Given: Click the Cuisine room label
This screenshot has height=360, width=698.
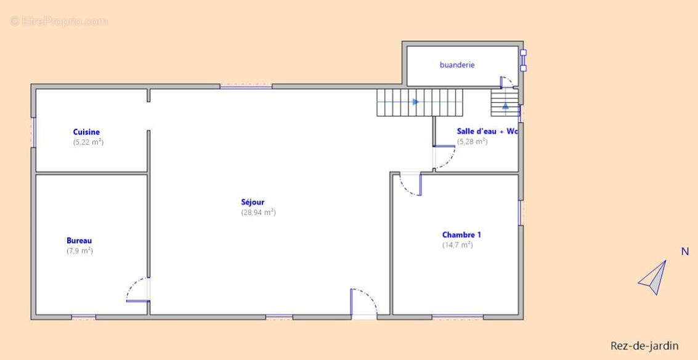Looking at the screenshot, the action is [86, 132].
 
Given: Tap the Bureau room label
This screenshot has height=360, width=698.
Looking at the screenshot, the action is [79, 240].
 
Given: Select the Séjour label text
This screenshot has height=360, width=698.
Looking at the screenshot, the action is [253, 202].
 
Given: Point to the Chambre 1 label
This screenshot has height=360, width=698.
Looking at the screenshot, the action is [461, 235].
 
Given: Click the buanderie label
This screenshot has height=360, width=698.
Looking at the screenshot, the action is [457, 65].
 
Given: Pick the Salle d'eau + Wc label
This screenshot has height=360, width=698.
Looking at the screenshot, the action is [487, 131].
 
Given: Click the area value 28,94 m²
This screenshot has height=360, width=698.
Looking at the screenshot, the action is [259, 213].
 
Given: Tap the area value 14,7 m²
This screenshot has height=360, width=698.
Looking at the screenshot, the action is [458, 245].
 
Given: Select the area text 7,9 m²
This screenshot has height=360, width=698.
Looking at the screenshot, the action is [79, 251].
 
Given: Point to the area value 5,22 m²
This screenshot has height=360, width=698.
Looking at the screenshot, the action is [89, 142].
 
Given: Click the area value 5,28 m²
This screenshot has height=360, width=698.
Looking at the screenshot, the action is [473, 142].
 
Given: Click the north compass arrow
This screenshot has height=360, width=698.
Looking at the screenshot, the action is [653, 277].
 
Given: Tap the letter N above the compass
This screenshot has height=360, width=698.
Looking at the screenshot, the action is [685, 252].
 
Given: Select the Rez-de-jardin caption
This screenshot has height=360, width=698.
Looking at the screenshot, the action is [644, 346].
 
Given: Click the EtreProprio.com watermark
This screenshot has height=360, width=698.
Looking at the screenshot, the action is [59, 21].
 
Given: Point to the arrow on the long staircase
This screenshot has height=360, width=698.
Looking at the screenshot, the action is [416, 102].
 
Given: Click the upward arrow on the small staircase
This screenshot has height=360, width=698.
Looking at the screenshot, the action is [506, 106].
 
